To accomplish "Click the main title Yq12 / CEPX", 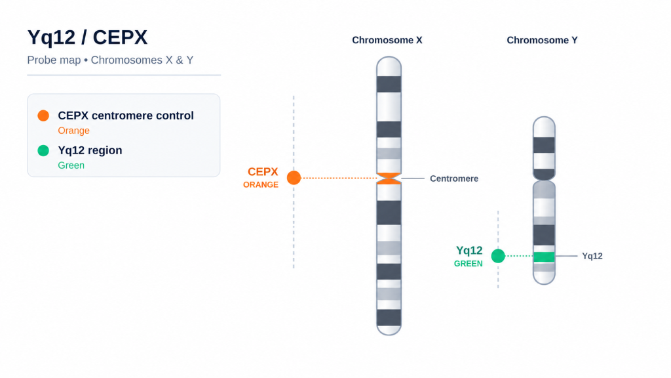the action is (87, 37).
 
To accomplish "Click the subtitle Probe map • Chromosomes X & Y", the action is (110, 60).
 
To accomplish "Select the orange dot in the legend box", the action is (43, 115).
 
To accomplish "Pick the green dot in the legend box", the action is (43, 150).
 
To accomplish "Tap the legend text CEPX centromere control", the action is (126, 115).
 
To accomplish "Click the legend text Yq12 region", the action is (90, 150).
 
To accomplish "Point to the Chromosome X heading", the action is (387, 40).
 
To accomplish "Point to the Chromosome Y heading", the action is (542, 40).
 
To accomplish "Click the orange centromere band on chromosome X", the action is (389, 178).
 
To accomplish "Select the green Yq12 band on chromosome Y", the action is (544, 257).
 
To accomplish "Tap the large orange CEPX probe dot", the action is (294, 177).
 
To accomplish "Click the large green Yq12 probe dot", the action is (498, 256).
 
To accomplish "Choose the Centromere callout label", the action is (454, 178).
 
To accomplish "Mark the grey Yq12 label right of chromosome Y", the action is (592, 257).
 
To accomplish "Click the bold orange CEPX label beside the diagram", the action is (263, 172).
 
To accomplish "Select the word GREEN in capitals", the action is (468, 264).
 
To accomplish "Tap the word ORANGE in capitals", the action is (261, 184).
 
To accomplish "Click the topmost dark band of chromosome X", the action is (389, 84).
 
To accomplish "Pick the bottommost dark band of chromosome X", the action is (389, 318).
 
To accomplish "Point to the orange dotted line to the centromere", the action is (339, 178).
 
